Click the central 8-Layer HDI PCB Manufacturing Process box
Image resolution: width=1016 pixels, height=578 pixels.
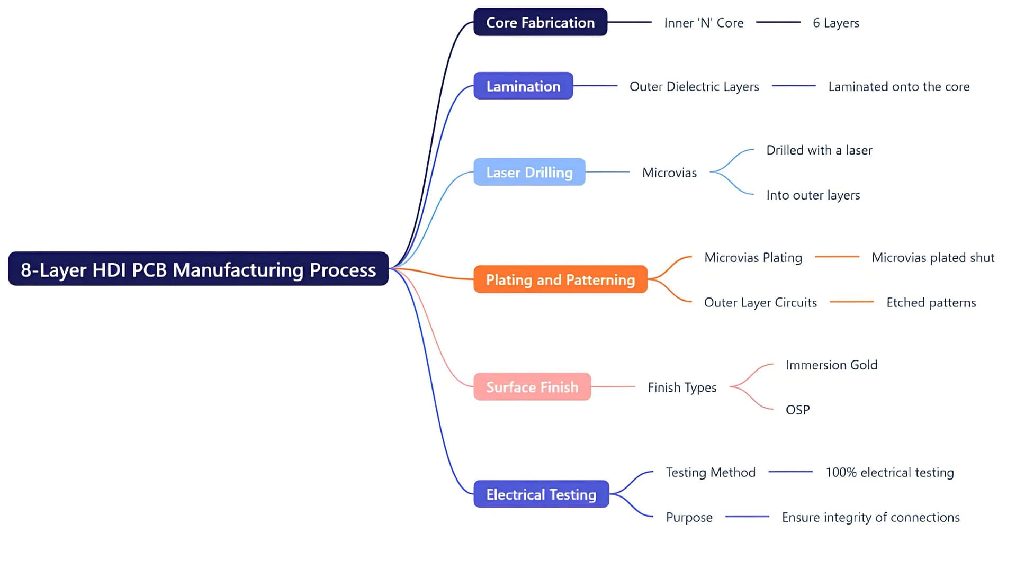[x=198, y=269]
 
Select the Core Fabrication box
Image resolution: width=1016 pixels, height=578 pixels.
[x=540, y=23]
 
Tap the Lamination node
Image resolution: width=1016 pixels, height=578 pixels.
[x=523, y=86]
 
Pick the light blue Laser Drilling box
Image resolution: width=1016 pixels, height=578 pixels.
[x=529, y=173]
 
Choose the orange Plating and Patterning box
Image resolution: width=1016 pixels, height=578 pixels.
[x=560, y=279]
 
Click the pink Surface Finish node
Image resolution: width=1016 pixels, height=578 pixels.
[x=532, y=387]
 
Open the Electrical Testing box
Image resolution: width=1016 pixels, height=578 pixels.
[x=541, y=494]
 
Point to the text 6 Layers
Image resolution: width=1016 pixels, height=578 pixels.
[x=835, y=23]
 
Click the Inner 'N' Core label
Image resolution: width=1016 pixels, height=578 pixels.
[x=704, y=23]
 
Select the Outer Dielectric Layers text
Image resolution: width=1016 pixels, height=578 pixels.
[x=694, y=87]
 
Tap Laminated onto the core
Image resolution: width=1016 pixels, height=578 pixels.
[x=898, y=87]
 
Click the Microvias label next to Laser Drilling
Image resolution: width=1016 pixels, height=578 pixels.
[x=669, y=173]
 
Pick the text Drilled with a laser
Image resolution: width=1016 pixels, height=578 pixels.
[x=819, y=150]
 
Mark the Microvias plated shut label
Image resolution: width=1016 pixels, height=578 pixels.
[x=933, y=258]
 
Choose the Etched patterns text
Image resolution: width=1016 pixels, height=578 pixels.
[x=931, y=303]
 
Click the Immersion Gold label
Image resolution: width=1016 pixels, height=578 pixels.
[x=831, y=365]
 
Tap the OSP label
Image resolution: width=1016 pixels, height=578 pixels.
[x=797, y=410]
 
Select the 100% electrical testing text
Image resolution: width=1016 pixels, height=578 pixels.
[x=889, y=473]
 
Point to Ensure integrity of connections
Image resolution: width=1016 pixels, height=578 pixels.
[x=870, y=518]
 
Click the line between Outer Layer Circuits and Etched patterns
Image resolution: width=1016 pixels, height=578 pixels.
[x=851, y=302]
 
